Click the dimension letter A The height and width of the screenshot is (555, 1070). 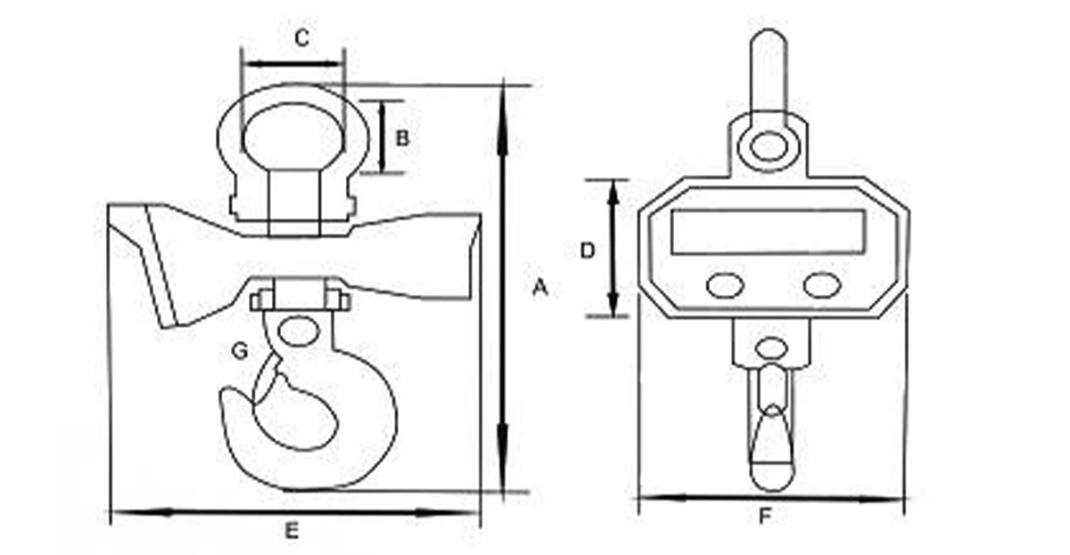tap(539, 287)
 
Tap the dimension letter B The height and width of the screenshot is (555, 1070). tap(402, 138)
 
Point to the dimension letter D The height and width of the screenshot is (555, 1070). tap(587, 251)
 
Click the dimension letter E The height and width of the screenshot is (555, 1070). tap(291, 532)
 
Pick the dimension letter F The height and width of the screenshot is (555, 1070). tap(764, 516)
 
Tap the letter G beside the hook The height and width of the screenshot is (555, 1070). tap(239, 352)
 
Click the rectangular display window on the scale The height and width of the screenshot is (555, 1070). tap(769, 232)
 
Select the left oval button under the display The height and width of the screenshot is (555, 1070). tap(725, 285)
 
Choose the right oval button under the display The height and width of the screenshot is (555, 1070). tap(821, 285)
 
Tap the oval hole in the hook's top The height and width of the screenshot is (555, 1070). tap(296, 331)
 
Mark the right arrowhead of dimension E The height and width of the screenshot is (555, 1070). tap(467, 512)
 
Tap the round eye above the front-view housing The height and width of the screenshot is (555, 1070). tap(768, 146)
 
